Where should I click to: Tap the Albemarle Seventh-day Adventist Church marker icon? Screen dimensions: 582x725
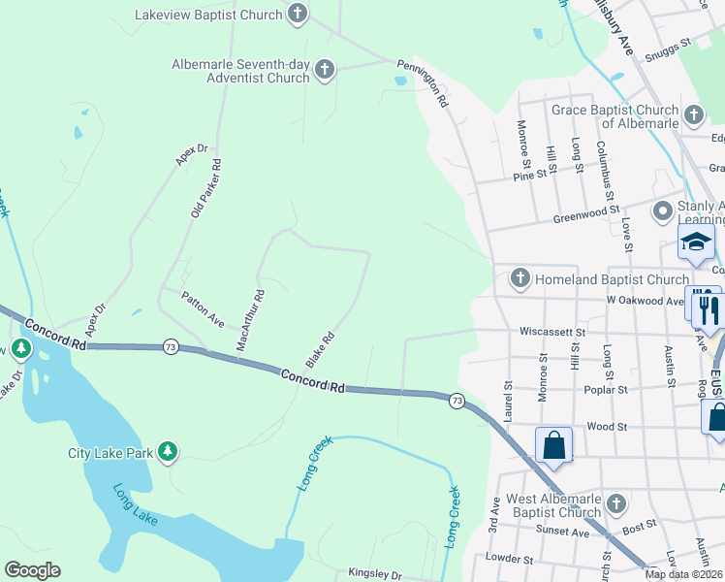point(325,70)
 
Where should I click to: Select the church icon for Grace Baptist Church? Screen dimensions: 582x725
point(693,116)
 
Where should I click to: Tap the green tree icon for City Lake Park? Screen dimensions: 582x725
point(169,452)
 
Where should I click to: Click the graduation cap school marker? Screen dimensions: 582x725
point(696,242)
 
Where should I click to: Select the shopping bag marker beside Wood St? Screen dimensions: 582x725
point(553,446)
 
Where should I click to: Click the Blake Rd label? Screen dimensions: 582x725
point(320,350)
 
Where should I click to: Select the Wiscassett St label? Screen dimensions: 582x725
point(552,332)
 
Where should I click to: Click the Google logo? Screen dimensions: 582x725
point(32,570)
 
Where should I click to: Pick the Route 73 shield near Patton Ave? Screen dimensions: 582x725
point(171,346)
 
